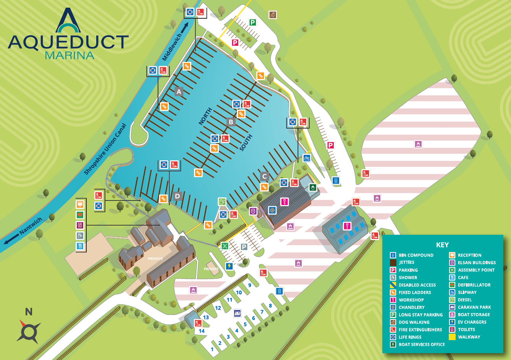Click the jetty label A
pos(179,92)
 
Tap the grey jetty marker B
pos(231,122)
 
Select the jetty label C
pos(264,176)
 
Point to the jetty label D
pos(177,196)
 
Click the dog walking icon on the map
pos(272,15)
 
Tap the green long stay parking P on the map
pos(252,23)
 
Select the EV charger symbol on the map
pos(229,266)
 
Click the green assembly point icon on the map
pos(225,246)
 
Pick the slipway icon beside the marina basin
pos(307,158)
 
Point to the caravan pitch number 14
pos(202,331)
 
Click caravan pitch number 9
pos(250,285)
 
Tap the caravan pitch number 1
pos(212,349)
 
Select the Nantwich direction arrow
pos(11,239)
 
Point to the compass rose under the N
pos(29,331)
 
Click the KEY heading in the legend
pos(442,245)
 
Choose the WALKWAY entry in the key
pos(469,337)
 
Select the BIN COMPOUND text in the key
pos(416,255)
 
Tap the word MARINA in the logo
pos(70,56)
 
